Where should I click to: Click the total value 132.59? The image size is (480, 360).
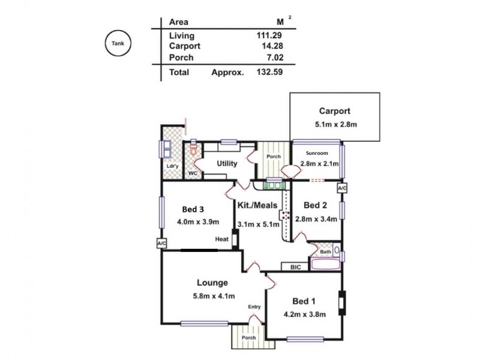tap(268, 72)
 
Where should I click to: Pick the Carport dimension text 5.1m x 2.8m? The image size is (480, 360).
tap(335, 125)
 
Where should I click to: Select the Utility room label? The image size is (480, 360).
tap(227, 163)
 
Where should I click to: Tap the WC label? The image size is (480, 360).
tap(193, 173)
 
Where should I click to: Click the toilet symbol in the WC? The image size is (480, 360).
tap(193, 148)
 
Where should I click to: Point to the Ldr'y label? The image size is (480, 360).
tap(172, 167)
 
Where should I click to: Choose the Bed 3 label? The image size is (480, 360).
tap(194, 209)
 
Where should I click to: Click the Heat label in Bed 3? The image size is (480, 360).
tap(222, 239)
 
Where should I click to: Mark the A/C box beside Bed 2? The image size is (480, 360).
tap(342, 188)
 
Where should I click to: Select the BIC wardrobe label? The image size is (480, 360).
tap(295, 267)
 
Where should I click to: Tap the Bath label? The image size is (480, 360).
tap(325, 252)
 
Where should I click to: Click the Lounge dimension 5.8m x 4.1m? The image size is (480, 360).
tap(214, 296)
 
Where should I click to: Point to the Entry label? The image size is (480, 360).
tap(254, 307)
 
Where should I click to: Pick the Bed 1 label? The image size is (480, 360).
tap(304, 301)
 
